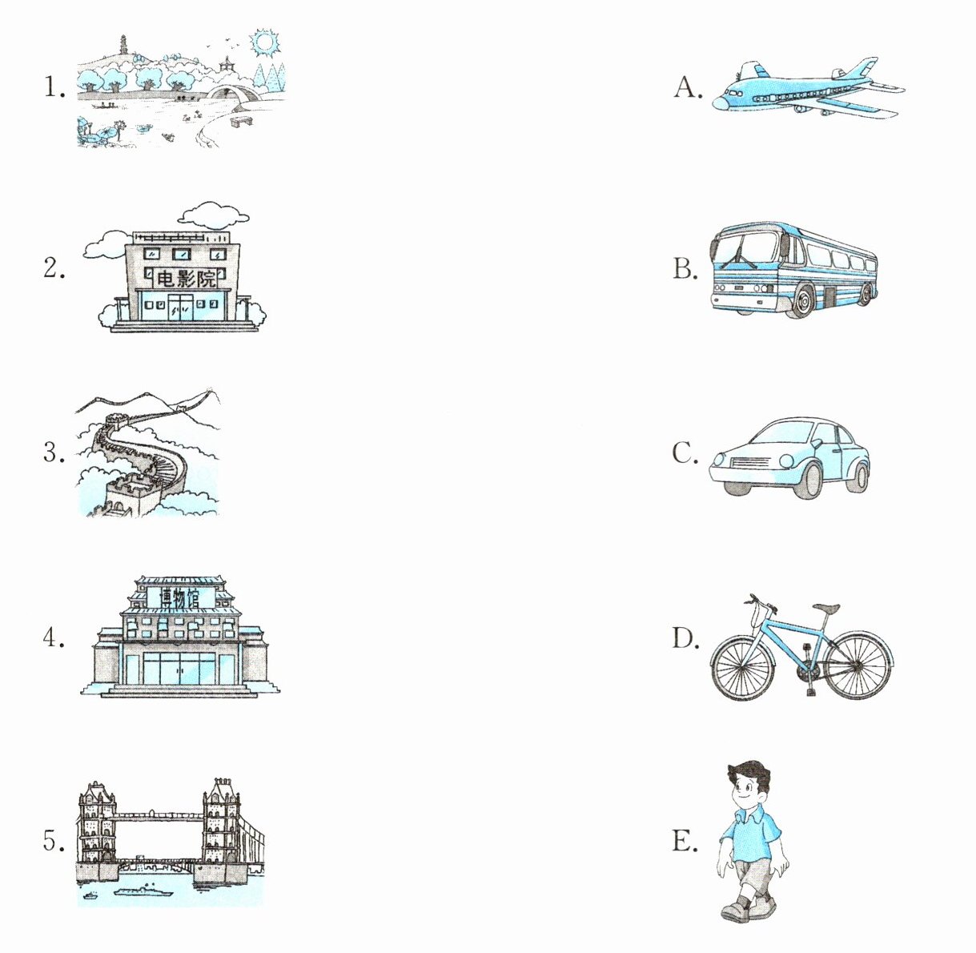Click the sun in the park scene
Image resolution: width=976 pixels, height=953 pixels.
tap(264, 43)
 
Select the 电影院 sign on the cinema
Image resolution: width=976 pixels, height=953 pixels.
tap(185, 279)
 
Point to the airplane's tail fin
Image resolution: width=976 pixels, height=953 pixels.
tap(864, 69)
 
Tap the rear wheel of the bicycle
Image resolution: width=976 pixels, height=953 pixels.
tap(858, 665)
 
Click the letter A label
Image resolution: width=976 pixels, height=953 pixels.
tap(688, 88)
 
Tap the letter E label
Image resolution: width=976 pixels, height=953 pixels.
tap(685, 841)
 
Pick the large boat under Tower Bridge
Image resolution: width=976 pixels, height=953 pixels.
tap(143, 892)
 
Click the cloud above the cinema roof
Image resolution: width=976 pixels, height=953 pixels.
tap(214, 214)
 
